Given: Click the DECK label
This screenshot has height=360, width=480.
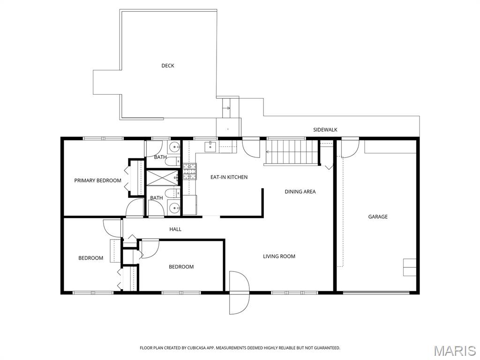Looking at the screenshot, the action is (168, 66).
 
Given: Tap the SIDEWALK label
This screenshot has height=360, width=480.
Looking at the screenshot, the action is (325, 130).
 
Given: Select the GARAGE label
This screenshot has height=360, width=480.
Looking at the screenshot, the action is (378, 217).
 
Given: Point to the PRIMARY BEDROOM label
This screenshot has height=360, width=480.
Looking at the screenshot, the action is (97, 180).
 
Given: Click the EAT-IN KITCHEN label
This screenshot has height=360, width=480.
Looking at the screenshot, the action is (229, 177).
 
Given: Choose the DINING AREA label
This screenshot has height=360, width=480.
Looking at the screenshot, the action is (300, 192).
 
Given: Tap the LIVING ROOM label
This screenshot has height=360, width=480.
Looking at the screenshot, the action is (279, 256).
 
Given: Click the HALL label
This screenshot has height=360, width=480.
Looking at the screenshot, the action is (175, 229).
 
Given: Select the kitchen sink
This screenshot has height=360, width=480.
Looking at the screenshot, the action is (211, 146).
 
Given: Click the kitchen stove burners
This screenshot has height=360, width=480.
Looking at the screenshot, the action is (190, 172).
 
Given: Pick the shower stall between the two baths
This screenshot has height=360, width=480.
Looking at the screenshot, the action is (162, 178).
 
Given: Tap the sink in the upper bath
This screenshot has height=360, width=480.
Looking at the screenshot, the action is (174, 147).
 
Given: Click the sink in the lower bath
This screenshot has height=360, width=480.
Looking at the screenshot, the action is (174, 208).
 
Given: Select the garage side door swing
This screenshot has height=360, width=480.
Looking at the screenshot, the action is (350, 149).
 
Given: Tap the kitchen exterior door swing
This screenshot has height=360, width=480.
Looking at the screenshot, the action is (251, 149).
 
